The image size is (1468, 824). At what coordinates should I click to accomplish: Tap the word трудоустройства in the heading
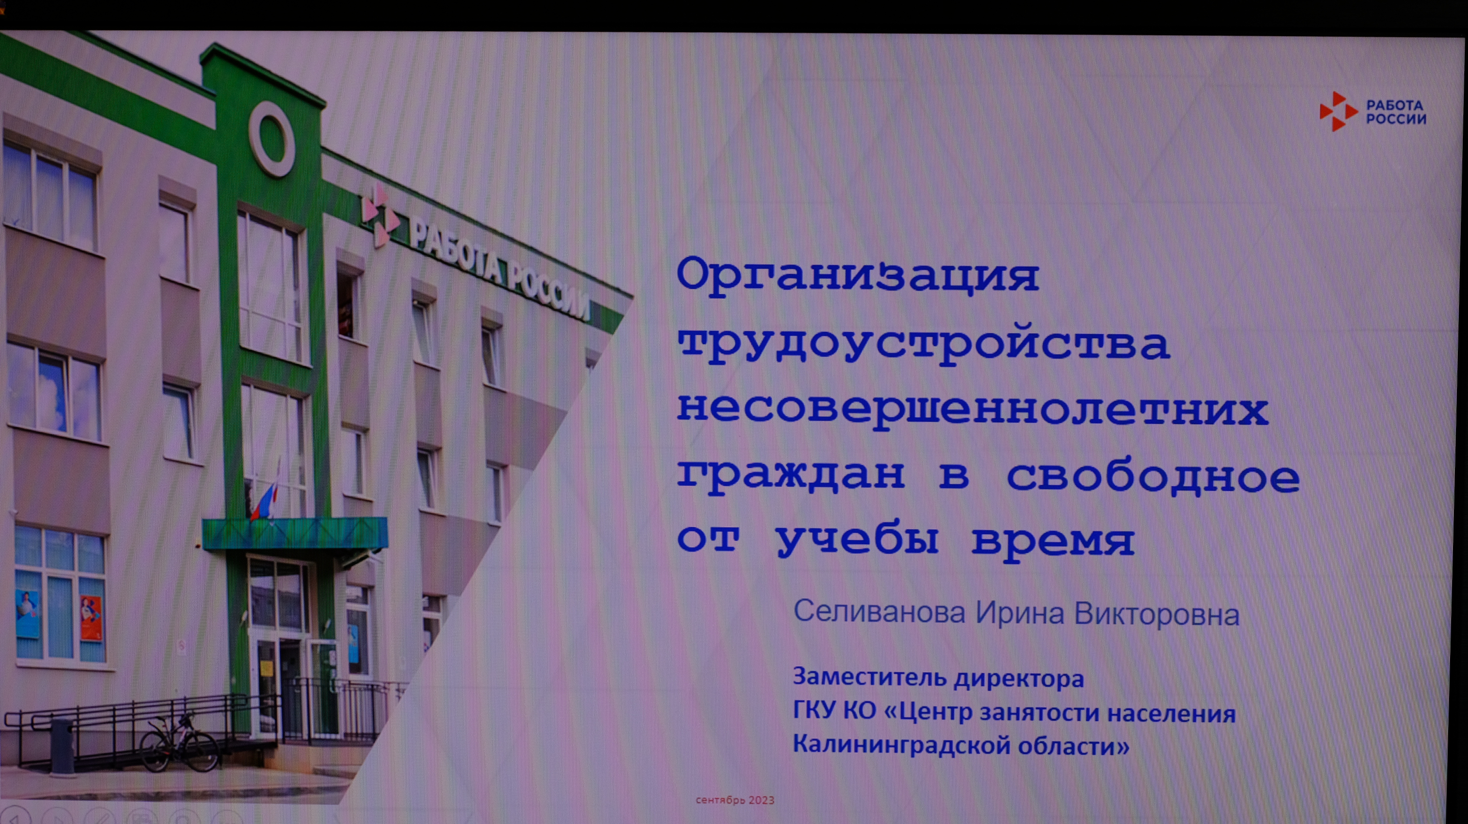[x=923, y=344]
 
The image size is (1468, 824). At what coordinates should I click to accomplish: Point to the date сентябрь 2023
[x=734, y=800]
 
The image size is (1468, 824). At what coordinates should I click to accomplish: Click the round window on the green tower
[x=272, y=139]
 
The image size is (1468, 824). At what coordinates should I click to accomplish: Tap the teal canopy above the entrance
[x=295, y=534]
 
